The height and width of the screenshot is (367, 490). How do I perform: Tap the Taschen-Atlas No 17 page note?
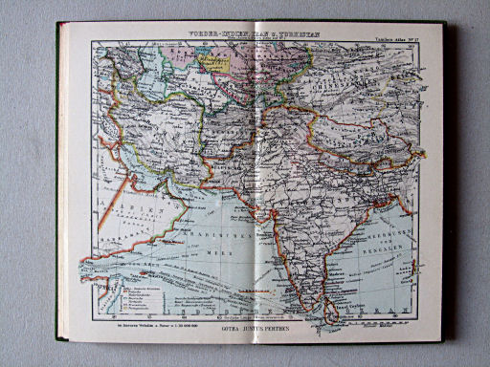tap(393, 38)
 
